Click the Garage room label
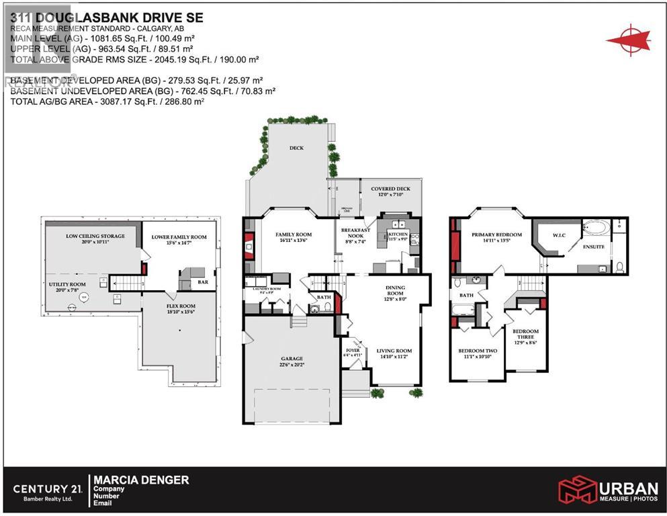292,359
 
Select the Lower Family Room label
179,237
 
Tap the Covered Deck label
390,189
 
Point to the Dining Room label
394,290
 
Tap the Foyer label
353,351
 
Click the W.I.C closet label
559,236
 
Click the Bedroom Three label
525,334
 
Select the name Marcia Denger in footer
141,480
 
